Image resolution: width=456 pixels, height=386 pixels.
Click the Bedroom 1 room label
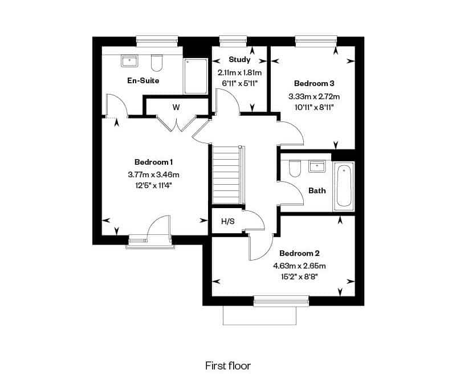(153, 162)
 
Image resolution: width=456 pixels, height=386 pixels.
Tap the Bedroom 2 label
(299, 253)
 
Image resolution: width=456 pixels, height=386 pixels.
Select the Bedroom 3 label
(314, 83)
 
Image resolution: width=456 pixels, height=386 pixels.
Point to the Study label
(239, 60)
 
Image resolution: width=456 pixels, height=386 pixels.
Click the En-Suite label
(143, 80)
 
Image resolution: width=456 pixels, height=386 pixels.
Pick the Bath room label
(317, 191)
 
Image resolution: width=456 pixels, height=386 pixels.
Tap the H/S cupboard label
(227, 222)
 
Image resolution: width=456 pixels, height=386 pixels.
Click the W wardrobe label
(176, 108)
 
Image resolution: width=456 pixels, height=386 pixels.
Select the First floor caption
(227, 365)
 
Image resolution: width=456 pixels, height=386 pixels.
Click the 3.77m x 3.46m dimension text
(153, 175)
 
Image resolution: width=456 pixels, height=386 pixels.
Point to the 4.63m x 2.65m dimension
(299, 266)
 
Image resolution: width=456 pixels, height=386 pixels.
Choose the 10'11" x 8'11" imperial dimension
(314, 107)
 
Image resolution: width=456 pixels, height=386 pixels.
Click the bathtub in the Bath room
(344, 186)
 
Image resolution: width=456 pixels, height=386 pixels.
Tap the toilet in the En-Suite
(156, 63)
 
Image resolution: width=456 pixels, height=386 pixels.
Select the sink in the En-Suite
(129, 61)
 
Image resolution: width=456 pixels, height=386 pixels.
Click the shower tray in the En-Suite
(195, 76)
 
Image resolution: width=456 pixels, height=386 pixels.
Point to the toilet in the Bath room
(295, 168)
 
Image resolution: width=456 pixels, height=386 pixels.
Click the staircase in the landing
(226, 175)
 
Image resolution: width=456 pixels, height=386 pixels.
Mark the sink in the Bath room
(317, 166)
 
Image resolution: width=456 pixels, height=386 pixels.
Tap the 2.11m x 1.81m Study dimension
(239, 72)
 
